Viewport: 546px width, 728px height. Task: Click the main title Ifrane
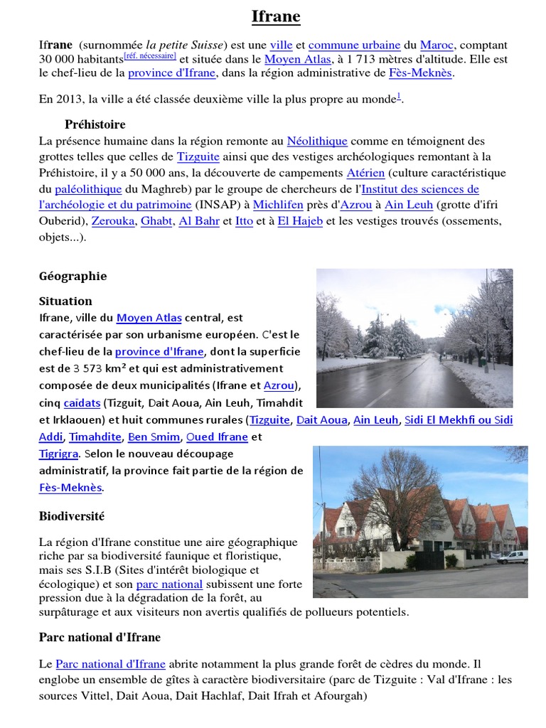point(276,17)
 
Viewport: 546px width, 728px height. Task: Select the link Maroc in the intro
point(437,45)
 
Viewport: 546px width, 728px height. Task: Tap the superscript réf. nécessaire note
point(150,55)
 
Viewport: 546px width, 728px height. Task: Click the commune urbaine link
point(354,45)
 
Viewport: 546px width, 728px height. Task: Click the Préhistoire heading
point(95,124)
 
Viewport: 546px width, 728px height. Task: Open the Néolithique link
point(317,141)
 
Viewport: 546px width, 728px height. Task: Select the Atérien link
point(365,173)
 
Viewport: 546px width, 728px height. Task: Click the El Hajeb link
point(300,221)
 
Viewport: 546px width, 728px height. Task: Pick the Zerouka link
point(112,221)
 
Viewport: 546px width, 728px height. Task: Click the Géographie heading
point(73,276)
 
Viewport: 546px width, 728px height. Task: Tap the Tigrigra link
point(59,454)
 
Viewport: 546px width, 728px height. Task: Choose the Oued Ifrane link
point(217,437)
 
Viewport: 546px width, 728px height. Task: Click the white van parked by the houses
point(512,557)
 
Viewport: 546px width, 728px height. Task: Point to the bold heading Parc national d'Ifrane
point(100,637)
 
